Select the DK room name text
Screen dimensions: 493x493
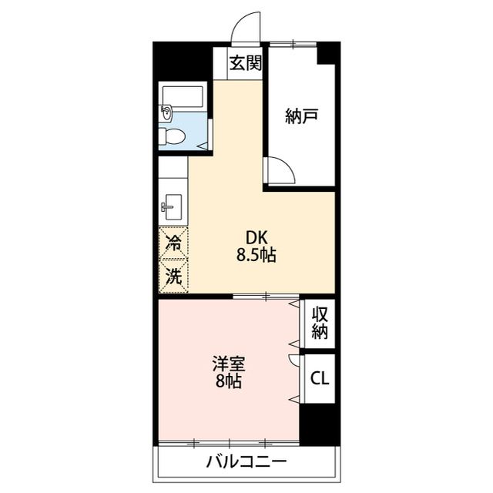(256, 238)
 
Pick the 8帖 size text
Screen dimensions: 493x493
(229, 381)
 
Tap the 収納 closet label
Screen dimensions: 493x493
(320, 324)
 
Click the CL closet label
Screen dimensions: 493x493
(320, 378)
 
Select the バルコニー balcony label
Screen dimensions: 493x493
(246, 462)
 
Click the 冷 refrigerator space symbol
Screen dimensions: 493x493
(174, 245)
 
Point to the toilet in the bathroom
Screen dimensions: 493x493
(173, 137)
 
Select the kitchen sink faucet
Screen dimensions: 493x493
(168, 208)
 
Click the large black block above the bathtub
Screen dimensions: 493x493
(183, 59)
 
